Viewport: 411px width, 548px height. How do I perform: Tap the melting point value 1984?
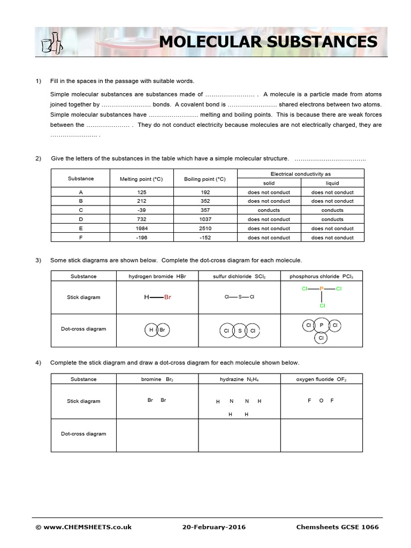(x=142, y=229)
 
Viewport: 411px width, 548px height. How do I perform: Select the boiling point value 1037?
(x=205, y=219)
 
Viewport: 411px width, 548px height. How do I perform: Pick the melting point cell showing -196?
(x=142, y=238)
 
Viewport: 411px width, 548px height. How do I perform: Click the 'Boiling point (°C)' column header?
(x=205, y=179)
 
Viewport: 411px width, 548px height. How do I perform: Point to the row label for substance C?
(x=81, y=210)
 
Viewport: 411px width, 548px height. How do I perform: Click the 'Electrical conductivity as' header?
(x=300, y=174)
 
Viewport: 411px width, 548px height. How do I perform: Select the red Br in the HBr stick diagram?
(x=168, y=297)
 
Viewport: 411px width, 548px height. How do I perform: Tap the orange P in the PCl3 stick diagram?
(x=322, y=289)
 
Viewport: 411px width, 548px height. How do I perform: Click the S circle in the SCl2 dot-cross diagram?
(x=239, y=331)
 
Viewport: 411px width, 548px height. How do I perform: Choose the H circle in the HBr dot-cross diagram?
(x=151, y=330)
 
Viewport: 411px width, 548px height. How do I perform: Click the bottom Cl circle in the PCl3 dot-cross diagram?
(x=321, y=338)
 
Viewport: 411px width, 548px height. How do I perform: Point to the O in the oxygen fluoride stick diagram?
(x=321, y=401)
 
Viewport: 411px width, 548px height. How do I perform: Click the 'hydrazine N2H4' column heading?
(x=239, y=379)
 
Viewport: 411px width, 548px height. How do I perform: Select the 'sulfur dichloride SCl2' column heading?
(x=239, y=276)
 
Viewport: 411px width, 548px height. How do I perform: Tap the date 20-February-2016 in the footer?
(x=214, y=527)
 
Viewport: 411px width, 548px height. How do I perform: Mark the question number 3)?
(x=39, y=260)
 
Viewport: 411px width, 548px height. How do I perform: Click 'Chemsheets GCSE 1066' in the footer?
(x=337, y=527)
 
